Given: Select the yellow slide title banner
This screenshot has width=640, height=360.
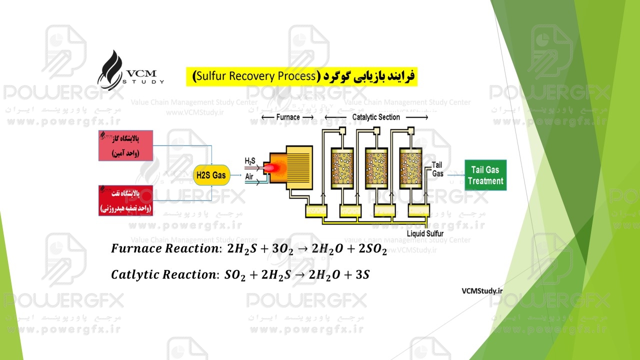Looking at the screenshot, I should click(x=301, y=76).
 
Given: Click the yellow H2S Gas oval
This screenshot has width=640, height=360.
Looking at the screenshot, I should click(x=211, y=175).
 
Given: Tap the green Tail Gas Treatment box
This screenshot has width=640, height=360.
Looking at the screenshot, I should click(x=485, y=175).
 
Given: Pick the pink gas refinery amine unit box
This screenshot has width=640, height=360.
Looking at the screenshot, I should click(x=125, y=145).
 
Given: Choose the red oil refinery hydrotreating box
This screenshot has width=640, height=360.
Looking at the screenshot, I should click(x=125, y=200).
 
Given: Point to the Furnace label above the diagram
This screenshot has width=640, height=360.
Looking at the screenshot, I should click(x=287, y=117).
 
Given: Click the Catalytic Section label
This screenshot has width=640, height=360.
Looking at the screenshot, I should click(x=376, y=117).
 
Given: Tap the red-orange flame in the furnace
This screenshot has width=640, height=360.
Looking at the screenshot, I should click(x=271, y=168).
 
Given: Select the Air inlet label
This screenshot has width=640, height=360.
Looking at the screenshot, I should click(x=249, y=176).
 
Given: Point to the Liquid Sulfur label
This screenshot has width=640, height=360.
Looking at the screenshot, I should click(x=424, y=233).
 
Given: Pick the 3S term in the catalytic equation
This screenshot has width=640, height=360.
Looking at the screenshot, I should click(x=360, y=274).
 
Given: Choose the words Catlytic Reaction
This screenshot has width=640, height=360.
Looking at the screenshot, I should click(x=163, y=274).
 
